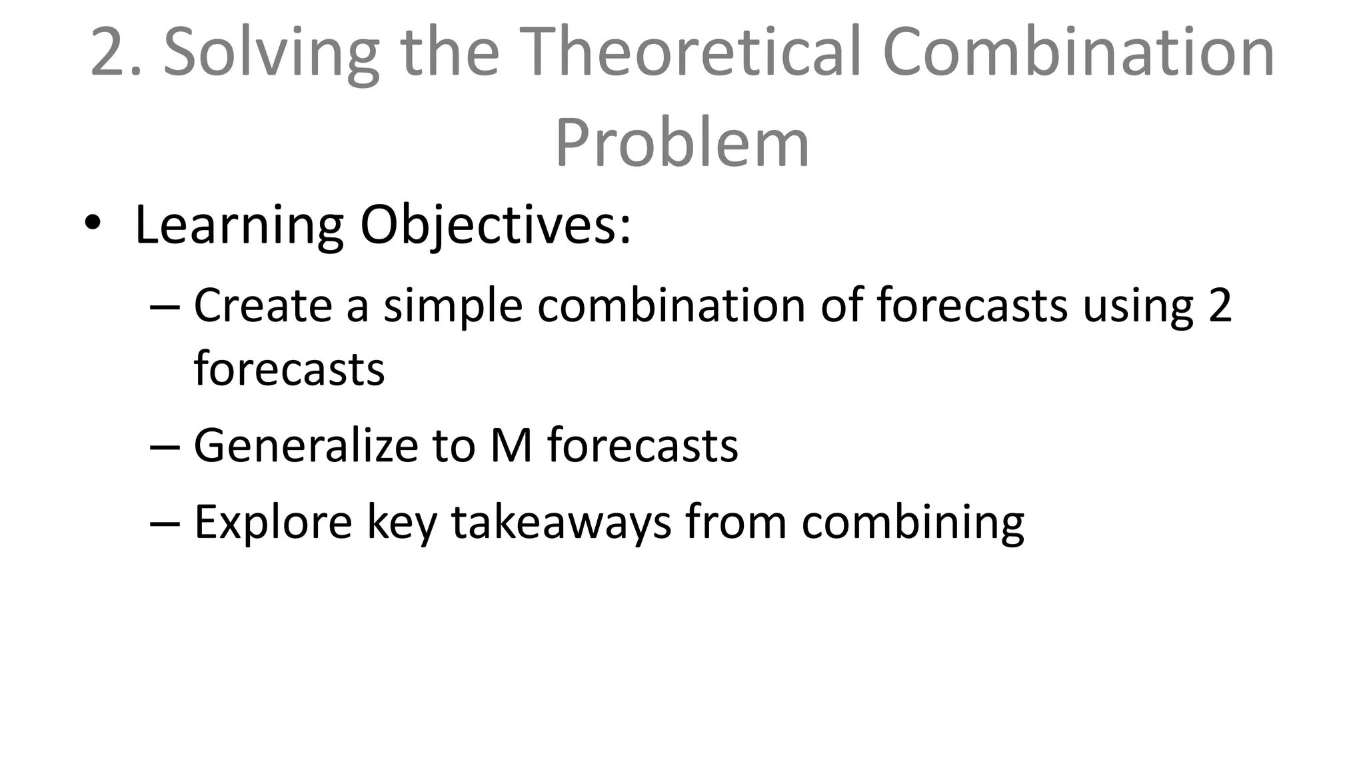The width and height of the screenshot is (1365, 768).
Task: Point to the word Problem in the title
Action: click(682, 143)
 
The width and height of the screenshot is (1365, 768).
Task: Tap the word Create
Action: click(263, 305)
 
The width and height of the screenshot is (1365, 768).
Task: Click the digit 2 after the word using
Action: click(1220, 305)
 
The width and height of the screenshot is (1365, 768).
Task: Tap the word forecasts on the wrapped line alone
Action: click(289, 369)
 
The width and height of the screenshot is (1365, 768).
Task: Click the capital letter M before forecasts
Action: click(511, 445)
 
